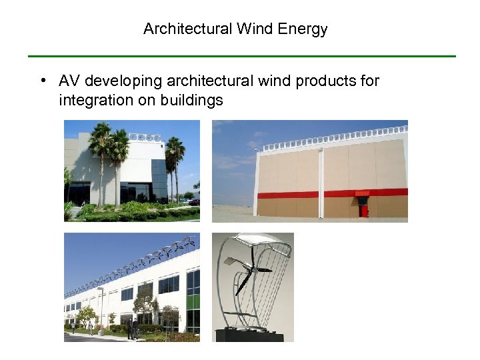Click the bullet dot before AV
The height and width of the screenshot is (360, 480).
(42, 81)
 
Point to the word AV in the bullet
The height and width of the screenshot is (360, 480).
(69, 81)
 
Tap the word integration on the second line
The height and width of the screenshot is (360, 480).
(91, 101)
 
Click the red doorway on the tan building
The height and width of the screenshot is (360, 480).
(363, 209)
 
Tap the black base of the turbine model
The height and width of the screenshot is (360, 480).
(253, 335)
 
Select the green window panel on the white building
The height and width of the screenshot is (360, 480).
(193, 301)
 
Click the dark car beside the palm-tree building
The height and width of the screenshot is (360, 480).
(194, 201)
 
